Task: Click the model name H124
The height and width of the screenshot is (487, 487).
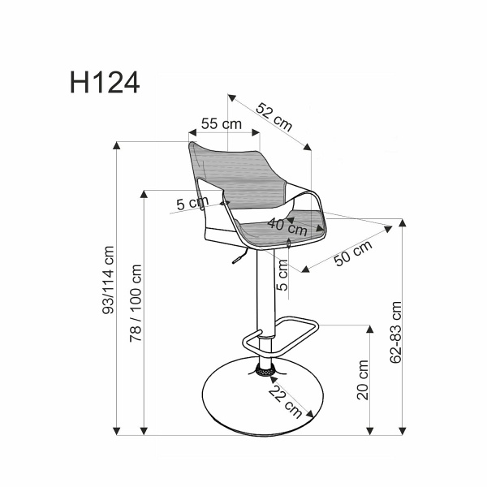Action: tap(105, 81)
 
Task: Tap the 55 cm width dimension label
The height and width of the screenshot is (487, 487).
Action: tap(222, 124)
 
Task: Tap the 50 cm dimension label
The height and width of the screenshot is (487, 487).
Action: tap(353, 252)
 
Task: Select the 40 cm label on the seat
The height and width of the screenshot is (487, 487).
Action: tap(282, 225)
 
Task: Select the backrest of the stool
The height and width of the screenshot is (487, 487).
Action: tap(235, 170)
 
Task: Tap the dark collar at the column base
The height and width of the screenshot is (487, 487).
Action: tap(265, 371)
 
